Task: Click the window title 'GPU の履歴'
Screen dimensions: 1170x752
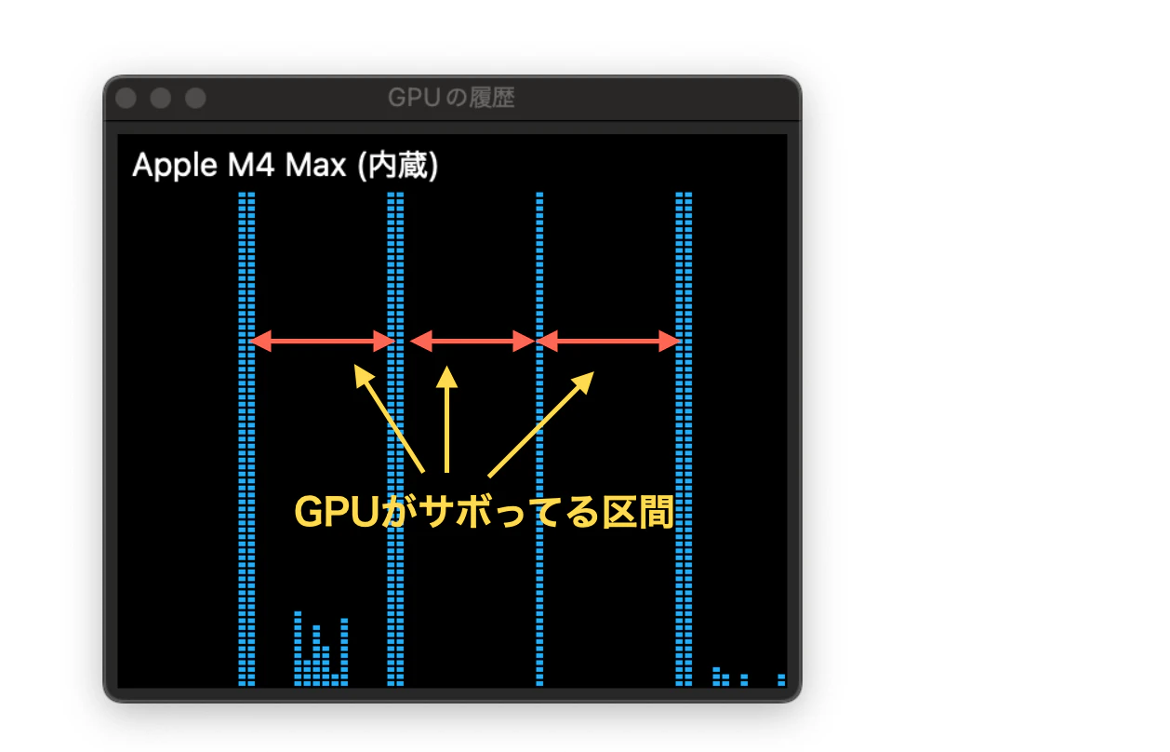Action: pyautogui.click(x=451, y=98)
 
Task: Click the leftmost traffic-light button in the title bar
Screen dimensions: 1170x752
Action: pyautogui.click(x=126, y=98)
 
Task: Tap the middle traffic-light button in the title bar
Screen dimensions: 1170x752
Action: pyautogui.click(x=160, y=98)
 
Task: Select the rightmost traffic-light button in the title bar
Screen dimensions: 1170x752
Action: pyautogui.click(x=195, y=98)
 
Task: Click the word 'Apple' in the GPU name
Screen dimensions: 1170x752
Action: pyautogui.click(x=175, y=167)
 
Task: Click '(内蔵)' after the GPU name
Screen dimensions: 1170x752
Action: pyautogui.click(x=398, y=166)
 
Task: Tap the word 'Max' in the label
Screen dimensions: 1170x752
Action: pyautogui.click(x=315, y=165)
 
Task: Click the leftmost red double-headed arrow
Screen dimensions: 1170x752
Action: pyautogui.click(x=323, y=342)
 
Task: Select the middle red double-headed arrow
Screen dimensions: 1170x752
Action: pyautogui.click(x=472, y=342)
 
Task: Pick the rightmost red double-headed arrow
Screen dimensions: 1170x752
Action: pyautogui.click(x=608, y=342)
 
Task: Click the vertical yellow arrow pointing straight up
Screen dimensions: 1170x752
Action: pyautogui.click(x=446, y=419)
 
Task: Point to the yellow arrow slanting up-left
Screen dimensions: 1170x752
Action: pyautogui.click(x=389, y=419)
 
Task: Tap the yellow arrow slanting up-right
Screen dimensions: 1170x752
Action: pyautogui.click(x=541, y=424)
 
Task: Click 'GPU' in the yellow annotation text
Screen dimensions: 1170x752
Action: pyautogui.click(x=337, y=512)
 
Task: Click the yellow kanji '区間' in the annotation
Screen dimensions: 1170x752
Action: pyautogui.click(x=638, y=512)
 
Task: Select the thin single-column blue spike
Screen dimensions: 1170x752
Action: pyautogui.click(x=539, y=439)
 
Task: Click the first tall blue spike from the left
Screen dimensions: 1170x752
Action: pyautogui.click(x=246, y=439)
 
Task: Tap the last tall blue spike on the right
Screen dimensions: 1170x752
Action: pyautogui.click(x=684, y=439)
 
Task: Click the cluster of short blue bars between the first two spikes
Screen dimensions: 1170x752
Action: pyautogui.click(x=321, y=649)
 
